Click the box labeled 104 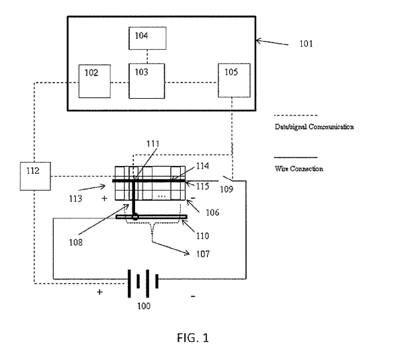(x=143, y=38)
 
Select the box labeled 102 (x=93, y=80)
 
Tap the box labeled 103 (x=143, y=80)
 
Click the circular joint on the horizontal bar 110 (x=135, y=217)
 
